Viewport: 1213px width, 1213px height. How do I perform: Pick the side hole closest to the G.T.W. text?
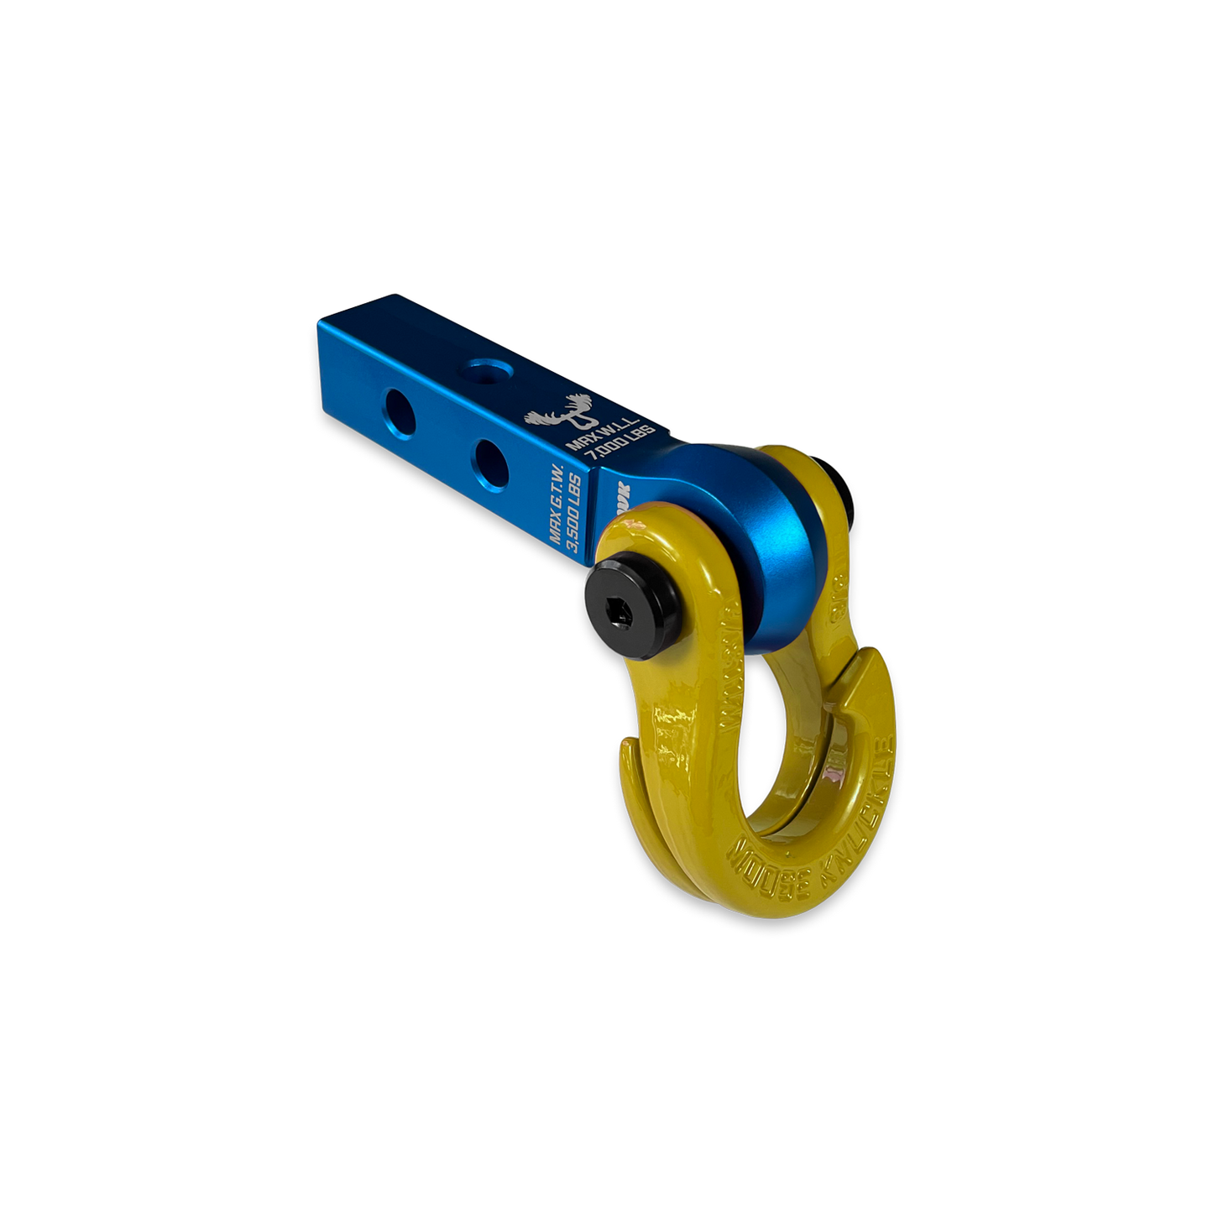pos(488,456)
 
